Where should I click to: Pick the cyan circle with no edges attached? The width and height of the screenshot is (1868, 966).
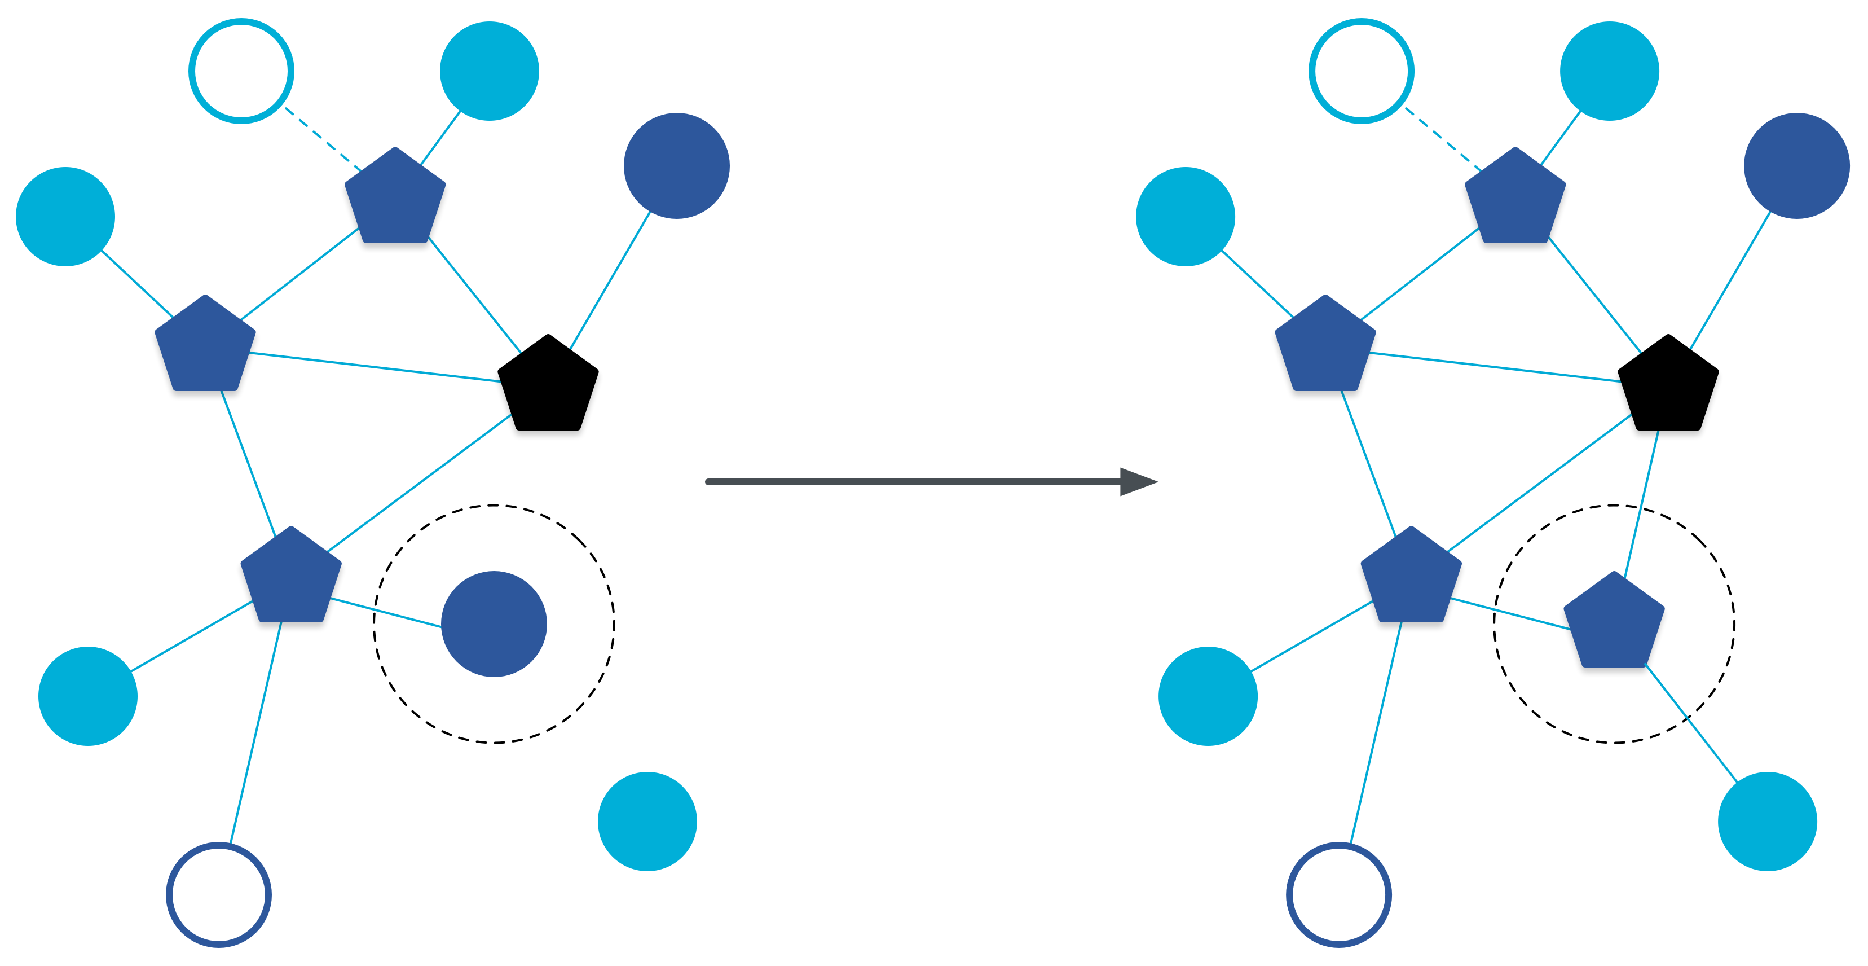click(x=647, y=821)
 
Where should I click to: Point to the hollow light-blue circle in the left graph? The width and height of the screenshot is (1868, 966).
click(x=241, y=71)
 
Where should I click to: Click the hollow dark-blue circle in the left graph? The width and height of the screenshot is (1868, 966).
click(x=218, y=894)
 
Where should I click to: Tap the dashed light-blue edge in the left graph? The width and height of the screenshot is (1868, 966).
click(x=323, y=139)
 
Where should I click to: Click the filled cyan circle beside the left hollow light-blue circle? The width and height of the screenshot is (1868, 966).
click(x=489, y=71)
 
